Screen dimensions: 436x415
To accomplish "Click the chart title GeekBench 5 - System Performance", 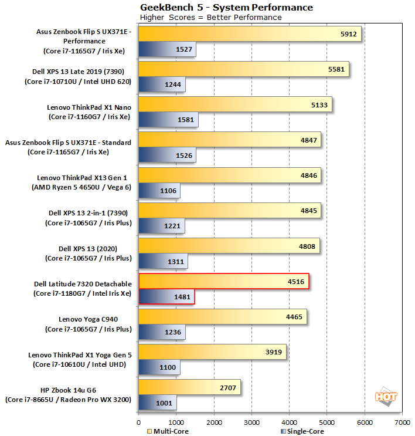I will [x=226, y=7].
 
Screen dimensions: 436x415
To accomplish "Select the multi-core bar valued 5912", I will [x=250, y=35].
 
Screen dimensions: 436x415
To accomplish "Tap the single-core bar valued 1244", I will [x=162, y=85].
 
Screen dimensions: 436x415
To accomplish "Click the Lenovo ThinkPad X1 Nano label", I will [x=89, y=107].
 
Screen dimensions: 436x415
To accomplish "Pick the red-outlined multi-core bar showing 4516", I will [x=224, y=282].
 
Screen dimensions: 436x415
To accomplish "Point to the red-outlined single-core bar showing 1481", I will [x=166, y=297].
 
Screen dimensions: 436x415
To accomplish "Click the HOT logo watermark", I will [x=386, y=396].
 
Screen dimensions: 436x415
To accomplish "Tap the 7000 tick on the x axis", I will [x=402, y=421].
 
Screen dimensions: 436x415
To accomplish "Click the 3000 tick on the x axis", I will [x=251, y=421].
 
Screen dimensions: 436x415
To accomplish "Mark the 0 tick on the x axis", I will [x=138, y=421].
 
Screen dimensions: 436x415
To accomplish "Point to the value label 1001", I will [x=165, y=403].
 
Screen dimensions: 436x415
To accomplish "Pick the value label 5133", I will [x=319, y=105].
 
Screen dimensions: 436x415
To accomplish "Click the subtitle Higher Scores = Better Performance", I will [x=210, y=17].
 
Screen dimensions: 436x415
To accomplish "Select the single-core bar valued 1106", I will [x=159, y=191].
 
